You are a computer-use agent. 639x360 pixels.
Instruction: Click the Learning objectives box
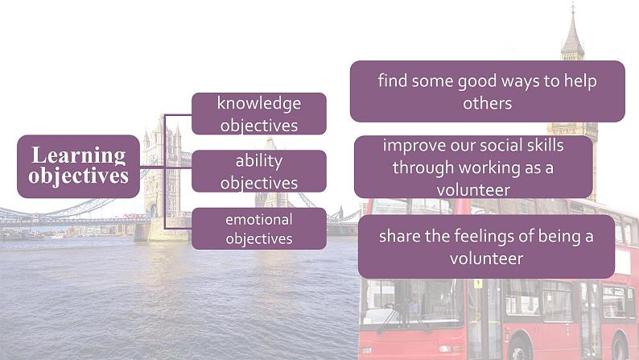pos(79,166)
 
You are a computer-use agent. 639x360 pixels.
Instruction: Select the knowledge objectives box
pos(259,114)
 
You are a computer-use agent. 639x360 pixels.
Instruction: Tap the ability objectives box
pos(259,171)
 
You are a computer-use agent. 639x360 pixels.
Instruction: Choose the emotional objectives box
pos(259,228)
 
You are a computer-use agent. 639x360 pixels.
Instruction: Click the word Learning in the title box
pos(79,155)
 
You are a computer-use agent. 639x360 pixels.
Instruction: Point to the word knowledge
pos(259,103)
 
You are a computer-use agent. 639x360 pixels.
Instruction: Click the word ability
pos(259,160)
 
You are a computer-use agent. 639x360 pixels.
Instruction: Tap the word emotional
pos(259,219)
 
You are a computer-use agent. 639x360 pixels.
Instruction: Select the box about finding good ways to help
pos(487,92)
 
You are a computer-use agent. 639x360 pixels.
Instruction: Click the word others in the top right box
pos(487,103)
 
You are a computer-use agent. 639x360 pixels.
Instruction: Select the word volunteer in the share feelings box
pos(486,259)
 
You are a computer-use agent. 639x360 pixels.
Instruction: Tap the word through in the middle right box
pos(420,168)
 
